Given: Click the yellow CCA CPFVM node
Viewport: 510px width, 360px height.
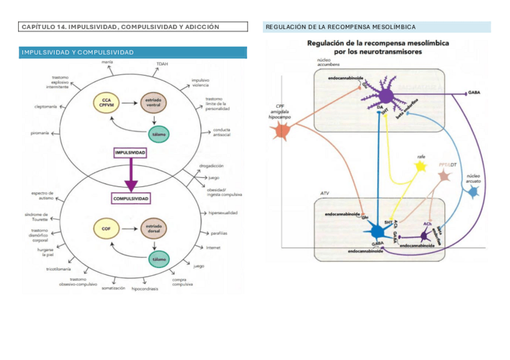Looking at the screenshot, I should point(106,103).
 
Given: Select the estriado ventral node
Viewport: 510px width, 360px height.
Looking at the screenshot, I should point(153,103).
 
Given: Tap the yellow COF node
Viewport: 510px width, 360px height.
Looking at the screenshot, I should point(106,228).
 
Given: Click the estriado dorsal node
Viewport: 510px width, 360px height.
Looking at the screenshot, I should point(153,228).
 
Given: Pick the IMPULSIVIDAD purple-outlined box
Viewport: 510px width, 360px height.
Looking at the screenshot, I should point(130,153).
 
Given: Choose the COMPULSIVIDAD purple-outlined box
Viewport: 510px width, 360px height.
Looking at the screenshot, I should point(131,198).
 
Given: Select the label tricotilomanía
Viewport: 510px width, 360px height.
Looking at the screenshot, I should point(59,269).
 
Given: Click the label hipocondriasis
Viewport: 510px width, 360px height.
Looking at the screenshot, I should point(144,289).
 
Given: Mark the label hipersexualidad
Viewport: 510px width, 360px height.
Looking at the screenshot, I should point(223,213).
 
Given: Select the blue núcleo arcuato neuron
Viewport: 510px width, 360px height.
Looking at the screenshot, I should point(473,191).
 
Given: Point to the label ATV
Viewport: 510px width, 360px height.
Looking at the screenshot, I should point(325,194).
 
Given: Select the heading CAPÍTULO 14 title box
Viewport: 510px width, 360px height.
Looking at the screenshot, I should point(133,26).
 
